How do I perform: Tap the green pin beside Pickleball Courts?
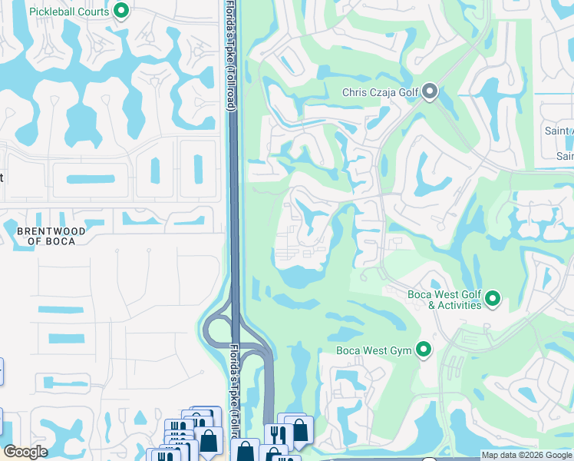[x=120, y=11]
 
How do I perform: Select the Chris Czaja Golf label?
[x=380, y=93]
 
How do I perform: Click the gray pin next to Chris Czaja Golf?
[x=430, y=92]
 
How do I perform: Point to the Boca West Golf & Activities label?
[x=444, y=300]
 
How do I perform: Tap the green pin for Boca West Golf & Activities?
[x=493, y=298]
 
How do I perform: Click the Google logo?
[x=25, y=452]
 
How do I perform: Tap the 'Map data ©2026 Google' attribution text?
[x=526, y=455]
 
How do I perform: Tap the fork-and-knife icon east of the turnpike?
[x=275, y=435]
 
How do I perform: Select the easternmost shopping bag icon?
[x=299, y=429]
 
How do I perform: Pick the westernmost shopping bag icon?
[x=209, y=440]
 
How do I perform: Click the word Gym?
[x=401, y=351]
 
